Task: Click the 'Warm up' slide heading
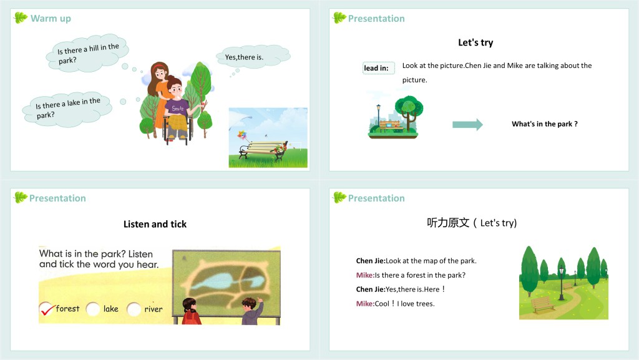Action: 51,18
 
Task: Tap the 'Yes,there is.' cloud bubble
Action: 253,56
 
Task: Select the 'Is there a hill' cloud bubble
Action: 87,53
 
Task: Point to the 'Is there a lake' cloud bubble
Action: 67,109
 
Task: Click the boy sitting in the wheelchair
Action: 178,109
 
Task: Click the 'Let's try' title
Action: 476,42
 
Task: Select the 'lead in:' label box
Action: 379,68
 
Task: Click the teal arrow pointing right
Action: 467,124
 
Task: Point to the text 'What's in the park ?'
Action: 544,124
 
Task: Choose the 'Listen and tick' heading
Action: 155,224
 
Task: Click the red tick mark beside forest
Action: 47,309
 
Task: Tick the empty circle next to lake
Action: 93,309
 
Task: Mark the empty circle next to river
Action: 134,309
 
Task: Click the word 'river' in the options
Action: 154,309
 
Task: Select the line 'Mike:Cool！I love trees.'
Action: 395,303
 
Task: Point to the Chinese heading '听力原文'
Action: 448,223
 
